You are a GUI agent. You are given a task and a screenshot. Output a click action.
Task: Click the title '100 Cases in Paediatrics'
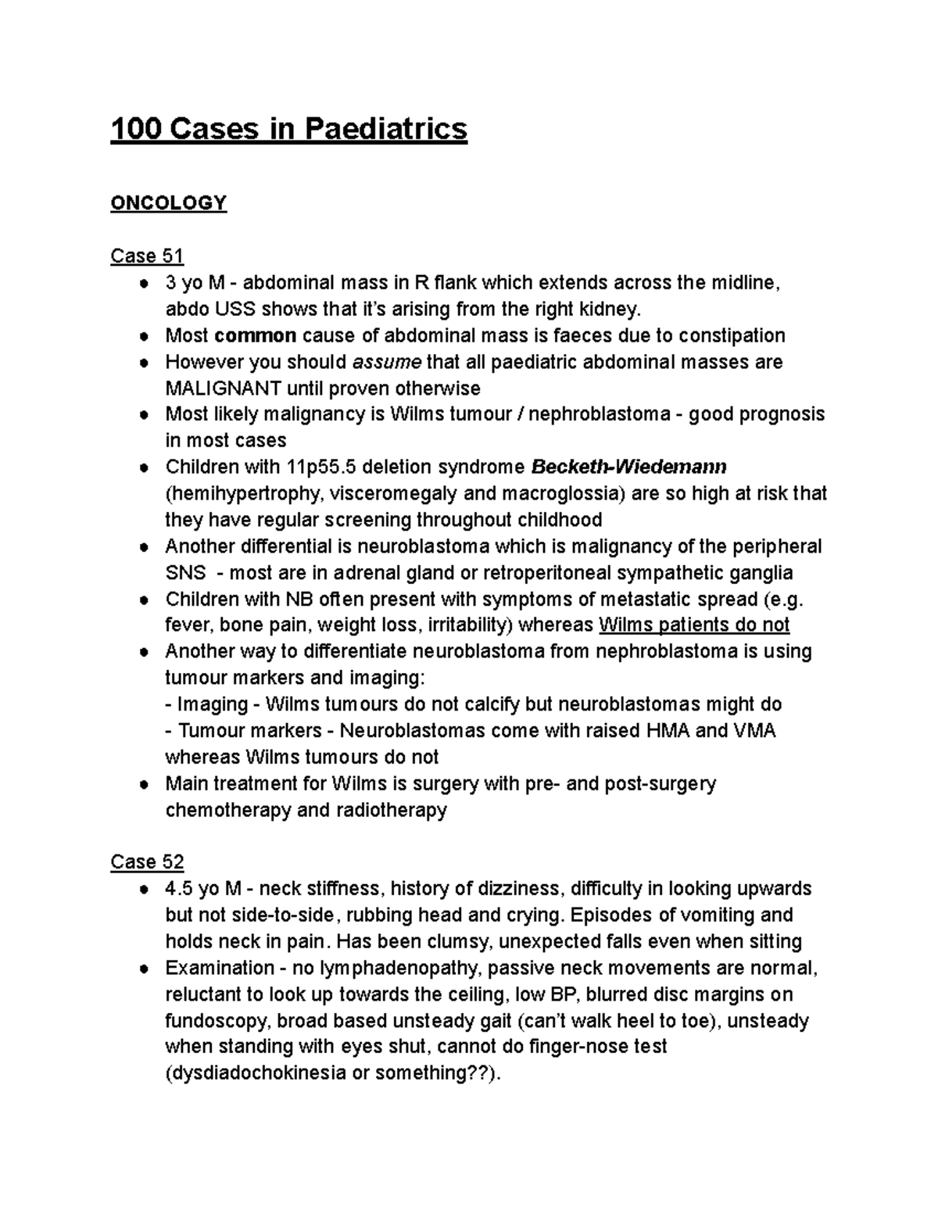(x=288, y=128)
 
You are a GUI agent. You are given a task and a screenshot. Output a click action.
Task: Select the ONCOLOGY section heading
(x=168, y=203)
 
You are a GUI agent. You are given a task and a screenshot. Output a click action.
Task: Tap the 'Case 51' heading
(x=147, y=256)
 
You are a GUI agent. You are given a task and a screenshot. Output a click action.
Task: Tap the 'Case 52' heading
(x=147, y=861)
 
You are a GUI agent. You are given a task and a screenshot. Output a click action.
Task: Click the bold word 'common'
(x=255, y=335)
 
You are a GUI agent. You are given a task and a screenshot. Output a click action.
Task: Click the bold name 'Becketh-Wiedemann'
(x=628, y=467)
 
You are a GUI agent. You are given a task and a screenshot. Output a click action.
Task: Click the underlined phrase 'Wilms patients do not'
(x=693, y=625)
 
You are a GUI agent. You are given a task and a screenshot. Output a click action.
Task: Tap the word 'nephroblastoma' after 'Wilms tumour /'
(x=599, y=414)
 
